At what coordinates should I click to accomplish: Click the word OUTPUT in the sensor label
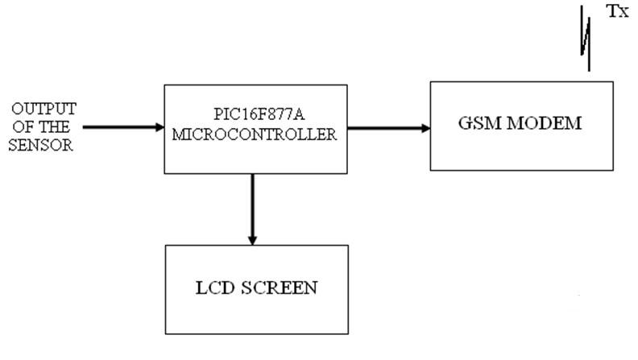pos(43,108)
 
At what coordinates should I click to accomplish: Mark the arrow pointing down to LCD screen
pos(252,209)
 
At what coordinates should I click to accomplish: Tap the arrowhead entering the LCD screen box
pos(252,239)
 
